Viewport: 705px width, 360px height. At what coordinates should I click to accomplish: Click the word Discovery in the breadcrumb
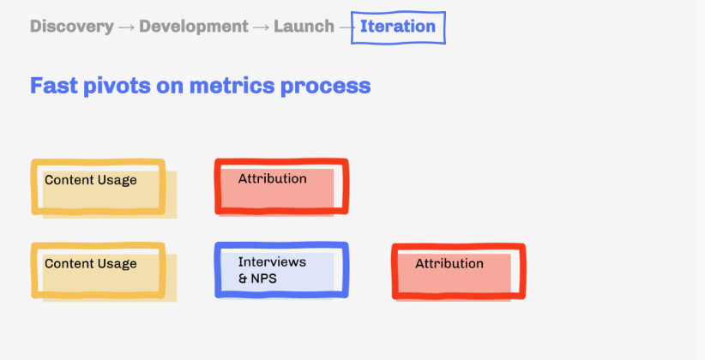point(72,27)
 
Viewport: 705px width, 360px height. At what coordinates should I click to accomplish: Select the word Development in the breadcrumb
point(194,27)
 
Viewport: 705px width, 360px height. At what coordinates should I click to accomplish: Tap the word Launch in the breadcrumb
point(304,27)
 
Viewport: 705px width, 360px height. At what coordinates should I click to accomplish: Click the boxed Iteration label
point(398,27)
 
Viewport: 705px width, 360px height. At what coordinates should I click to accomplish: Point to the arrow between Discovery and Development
point(126,27)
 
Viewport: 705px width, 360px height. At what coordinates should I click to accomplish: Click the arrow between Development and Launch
point(261,27)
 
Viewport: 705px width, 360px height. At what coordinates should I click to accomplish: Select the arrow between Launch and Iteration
point(346,27)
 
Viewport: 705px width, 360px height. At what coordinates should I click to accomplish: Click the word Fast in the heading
point(53,86)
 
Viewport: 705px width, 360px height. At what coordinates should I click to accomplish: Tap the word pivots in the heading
point(117,86)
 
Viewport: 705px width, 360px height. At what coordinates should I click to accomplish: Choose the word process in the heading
point(326,87)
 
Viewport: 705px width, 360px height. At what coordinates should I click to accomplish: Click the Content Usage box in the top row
point(98,187)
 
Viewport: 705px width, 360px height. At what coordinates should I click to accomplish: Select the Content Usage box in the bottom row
point(98,271)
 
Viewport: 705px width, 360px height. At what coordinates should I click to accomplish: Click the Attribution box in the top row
point(281,186)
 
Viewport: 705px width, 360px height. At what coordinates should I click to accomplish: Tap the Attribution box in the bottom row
point(459,272)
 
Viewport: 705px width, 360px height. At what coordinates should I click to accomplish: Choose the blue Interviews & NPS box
point(281,270)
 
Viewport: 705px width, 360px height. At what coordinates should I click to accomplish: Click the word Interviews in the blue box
point(272,261)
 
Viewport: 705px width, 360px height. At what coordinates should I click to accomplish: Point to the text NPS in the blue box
point(263,279)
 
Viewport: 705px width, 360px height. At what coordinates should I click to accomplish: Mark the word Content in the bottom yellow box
point(69,263)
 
